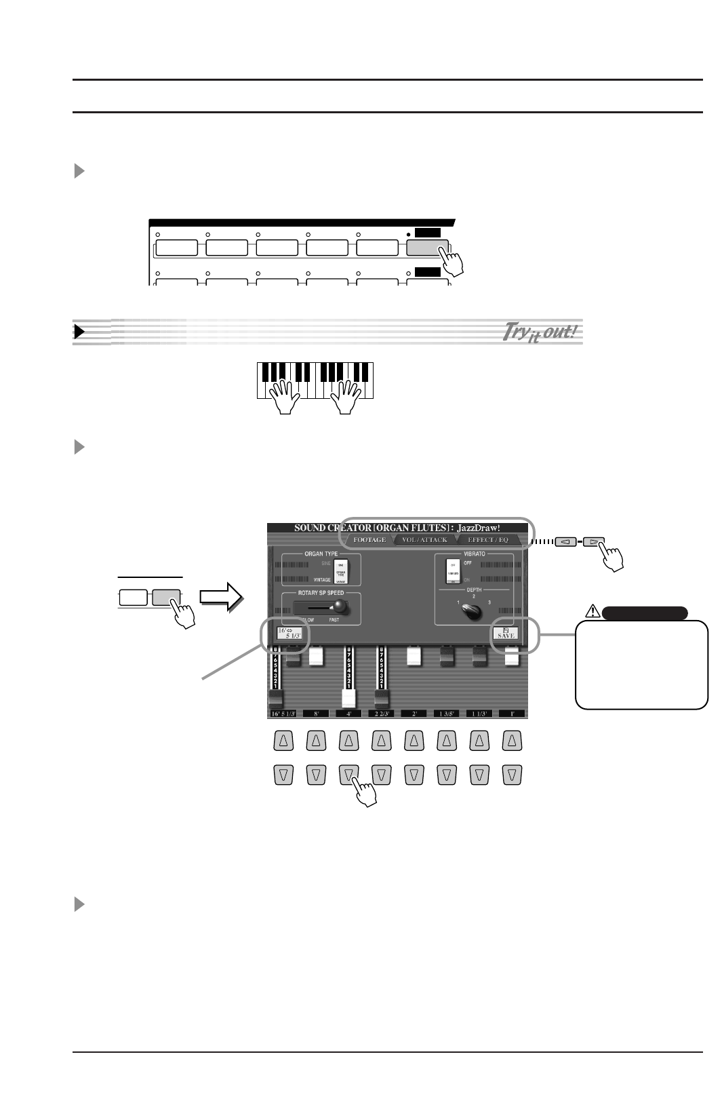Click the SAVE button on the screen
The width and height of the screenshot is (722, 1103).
(x=506, y=634)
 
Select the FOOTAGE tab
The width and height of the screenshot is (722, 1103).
(x=369, y=540)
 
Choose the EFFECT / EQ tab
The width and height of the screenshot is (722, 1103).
(x=487, y=540)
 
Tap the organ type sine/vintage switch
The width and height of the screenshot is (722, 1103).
(x=341, y=569)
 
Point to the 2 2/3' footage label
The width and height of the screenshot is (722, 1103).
(x=382, y=714)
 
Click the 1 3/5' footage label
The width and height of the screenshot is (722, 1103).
(x=446, y=714)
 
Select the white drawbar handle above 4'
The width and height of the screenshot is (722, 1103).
(x=349, y=699)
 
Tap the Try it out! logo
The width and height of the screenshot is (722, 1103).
(x=540, y=332)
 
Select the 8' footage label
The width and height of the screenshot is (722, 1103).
(x=316, y=714)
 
